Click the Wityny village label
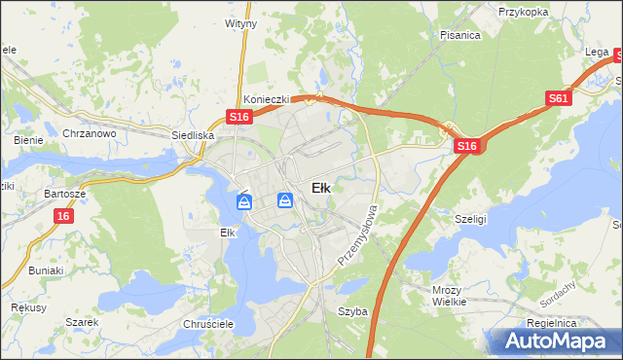[x=240, y=22]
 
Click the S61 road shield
[x=559, y=98]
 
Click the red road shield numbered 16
[x=63, y=216]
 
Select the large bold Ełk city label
[x=320, y=188]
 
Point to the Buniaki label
[x=46, y=270]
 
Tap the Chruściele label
[x=205, y=324]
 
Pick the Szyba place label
[x=351, y=311]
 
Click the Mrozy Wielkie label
[x=451, y=296]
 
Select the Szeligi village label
[x=471, y=220]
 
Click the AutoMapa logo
[x=552, y=342]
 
